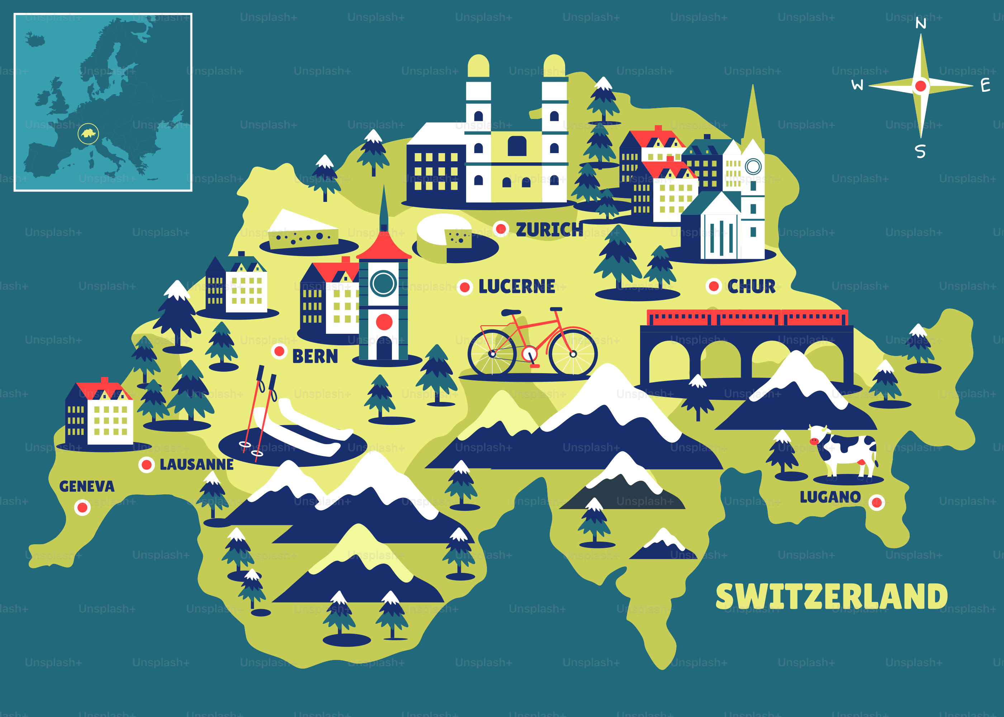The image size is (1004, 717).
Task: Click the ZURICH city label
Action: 549,229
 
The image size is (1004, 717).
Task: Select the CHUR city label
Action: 751,286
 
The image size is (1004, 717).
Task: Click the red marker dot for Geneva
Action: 82,507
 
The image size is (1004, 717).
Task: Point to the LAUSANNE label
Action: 196,465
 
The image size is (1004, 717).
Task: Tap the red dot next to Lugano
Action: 876,502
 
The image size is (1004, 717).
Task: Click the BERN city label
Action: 315,356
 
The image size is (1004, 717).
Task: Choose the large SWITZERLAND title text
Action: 832,597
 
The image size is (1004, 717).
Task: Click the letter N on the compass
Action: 920,23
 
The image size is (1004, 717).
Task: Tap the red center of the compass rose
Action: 920,86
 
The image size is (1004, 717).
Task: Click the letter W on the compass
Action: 857,85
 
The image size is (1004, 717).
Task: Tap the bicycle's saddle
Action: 511,313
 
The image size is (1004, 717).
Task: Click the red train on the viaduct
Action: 747,317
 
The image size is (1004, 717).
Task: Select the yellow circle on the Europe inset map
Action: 88,133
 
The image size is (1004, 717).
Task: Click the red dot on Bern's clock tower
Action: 384,322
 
